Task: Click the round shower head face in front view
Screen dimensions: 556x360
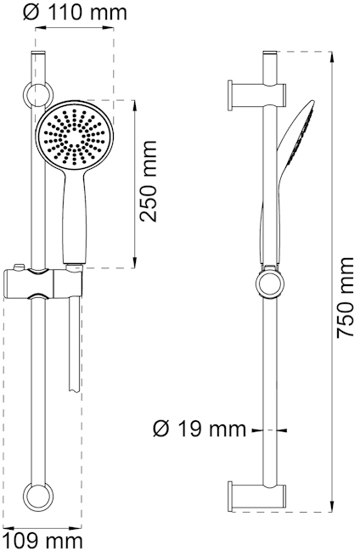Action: [75, 135]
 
